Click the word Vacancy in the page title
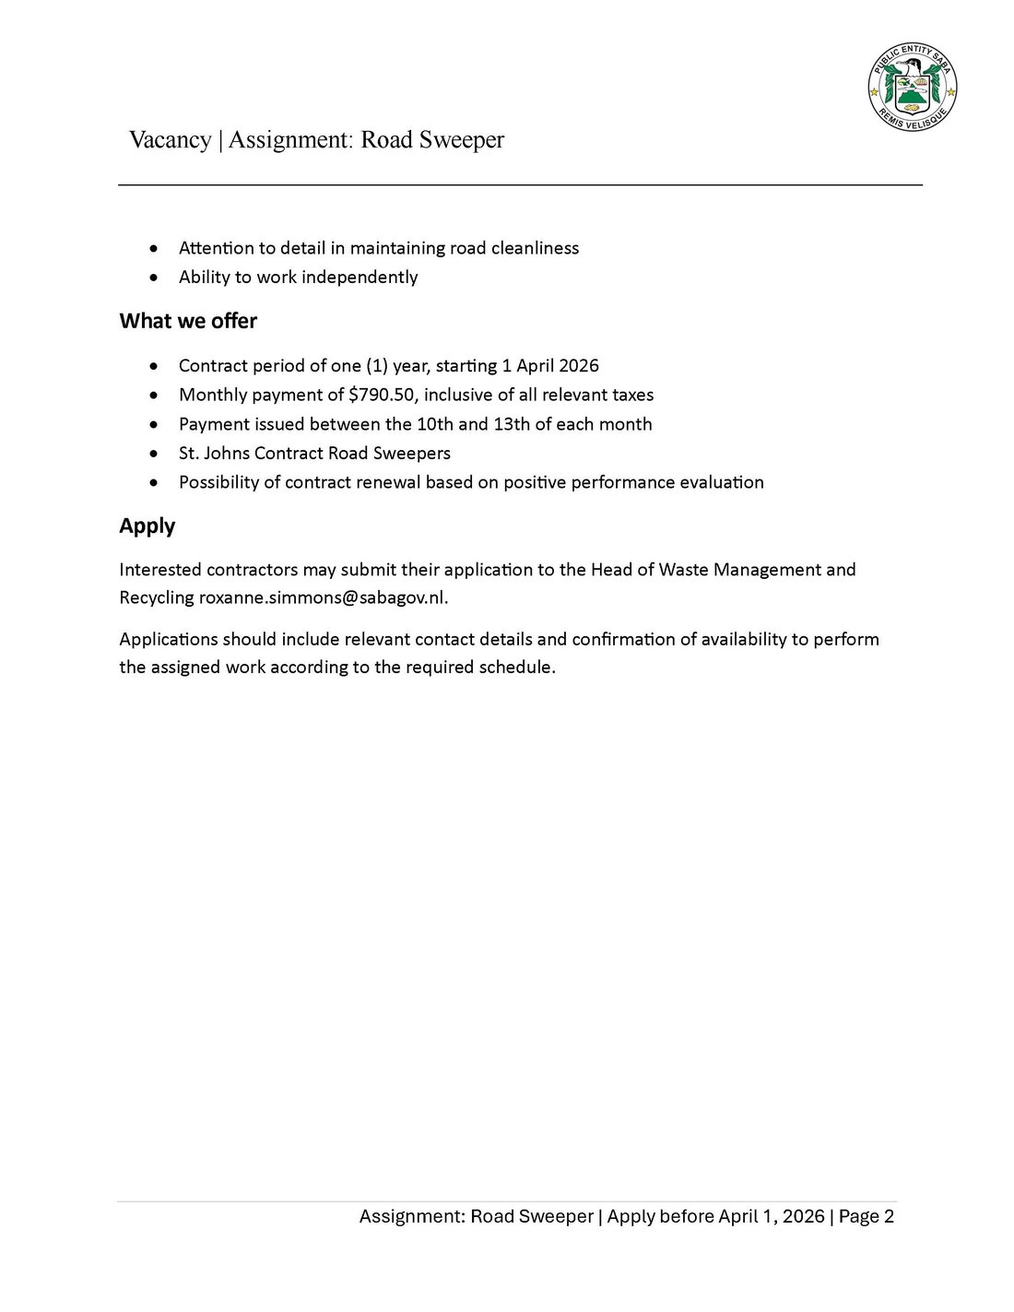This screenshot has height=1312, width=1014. click(170, 140)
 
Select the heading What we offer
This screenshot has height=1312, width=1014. click(188, 321)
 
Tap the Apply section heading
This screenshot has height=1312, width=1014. click(147, 526)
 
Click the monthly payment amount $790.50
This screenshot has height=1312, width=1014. click(382, 395)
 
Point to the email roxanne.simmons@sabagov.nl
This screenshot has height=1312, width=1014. click(322, 597)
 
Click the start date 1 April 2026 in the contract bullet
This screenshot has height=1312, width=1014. click(550, 365)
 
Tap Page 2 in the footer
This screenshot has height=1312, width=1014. click(867, 1216)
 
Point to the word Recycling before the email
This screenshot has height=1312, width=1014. click(157, 597)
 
